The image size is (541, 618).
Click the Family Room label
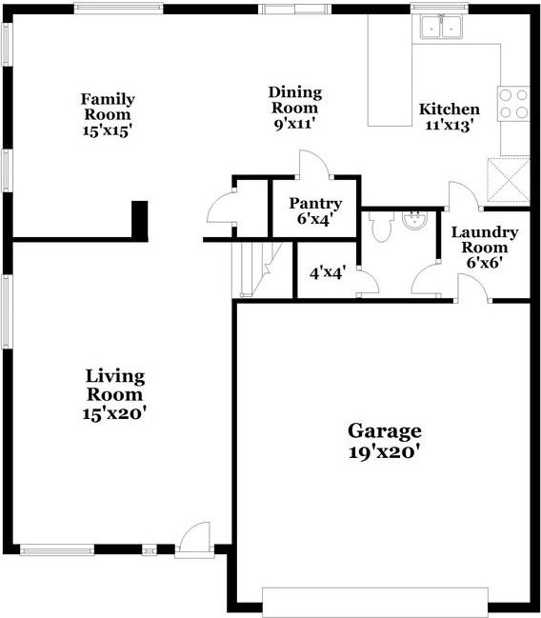107,114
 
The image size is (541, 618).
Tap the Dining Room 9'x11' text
294,108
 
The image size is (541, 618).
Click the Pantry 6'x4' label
315,210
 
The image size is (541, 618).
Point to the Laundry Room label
484,246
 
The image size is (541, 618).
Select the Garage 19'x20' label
384,442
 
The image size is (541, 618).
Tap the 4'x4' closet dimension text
327,273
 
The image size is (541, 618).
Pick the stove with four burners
513,103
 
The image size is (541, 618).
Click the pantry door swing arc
314,166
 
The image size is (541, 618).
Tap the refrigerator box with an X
506,180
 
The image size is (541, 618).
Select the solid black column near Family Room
139,220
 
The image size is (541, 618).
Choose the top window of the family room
118,9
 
